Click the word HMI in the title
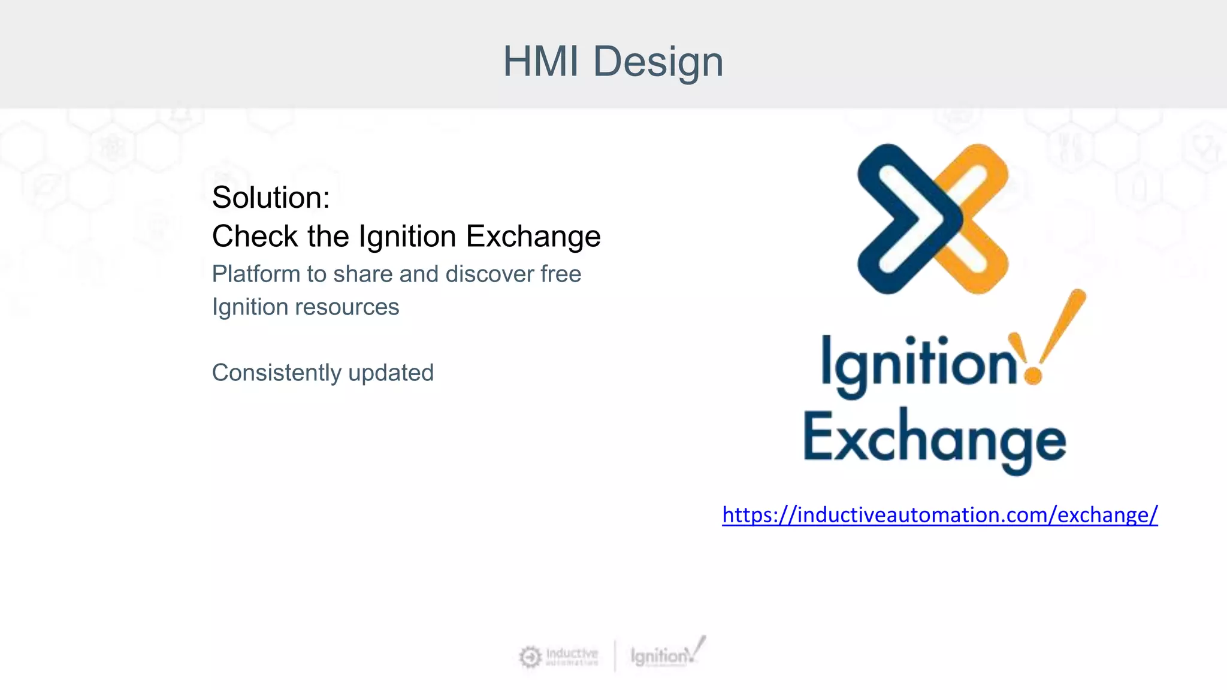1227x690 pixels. coord(540,61)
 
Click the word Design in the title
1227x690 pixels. coord(658,62)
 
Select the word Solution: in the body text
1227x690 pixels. coord(271,198)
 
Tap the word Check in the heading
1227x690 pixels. coord(255,236)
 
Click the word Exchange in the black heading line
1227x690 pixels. coord(533,236)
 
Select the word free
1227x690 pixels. coord(561,274)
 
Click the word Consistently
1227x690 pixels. coord(276,373)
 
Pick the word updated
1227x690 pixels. coord(391,373)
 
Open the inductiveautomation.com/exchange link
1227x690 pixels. coord(939,515)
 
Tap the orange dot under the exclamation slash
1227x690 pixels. coord(1033,376)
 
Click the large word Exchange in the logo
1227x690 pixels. coord(934,440)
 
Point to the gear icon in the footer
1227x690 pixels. coord(530,657)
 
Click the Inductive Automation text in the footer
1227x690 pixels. coord(572,656)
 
